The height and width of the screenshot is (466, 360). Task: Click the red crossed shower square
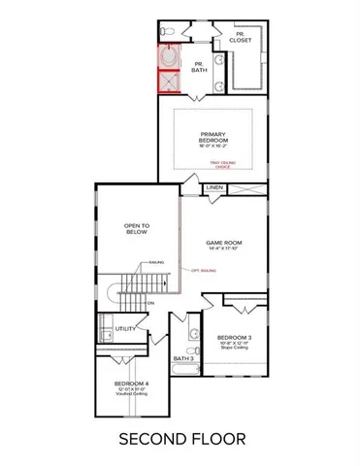point(171,81)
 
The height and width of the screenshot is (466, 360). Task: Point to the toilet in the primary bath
point(168,34)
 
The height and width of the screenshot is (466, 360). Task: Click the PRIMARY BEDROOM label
point(213,139)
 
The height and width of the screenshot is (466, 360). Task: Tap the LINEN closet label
point(214,187)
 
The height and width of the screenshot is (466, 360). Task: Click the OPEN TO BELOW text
point(136,229)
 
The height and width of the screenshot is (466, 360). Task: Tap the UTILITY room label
point(124,329)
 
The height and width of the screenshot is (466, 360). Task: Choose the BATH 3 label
point(183,358)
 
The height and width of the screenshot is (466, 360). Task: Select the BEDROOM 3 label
point(235,337)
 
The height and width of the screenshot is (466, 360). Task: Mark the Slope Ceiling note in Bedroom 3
point(235,348)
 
